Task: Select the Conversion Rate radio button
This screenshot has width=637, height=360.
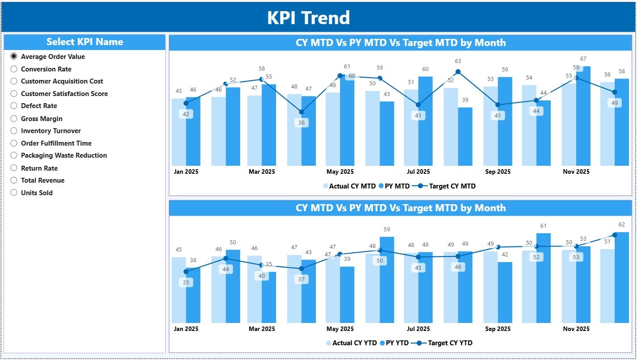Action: (14, 69)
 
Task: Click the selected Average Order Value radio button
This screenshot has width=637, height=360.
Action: (14, 57)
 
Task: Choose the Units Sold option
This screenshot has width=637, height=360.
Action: (14, 193)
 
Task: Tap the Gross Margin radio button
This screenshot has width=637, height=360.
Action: (14, 119)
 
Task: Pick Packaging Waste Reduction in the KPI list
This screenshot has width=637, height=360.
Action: (14, 155)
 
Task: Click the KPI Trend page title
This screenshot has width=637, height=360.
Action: (308, 18)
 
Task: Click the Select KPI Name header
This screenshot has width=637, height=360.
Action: (84, 42)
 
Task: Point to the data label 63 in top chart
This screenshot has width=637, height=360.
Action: (458, 61)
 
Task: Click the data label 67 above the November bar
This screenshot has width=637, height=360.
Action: (583, 59)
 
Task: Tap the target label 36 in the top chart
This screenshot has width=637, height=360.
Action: (302, 123)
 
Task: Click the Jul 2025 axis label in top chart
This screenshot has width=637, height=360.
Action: (418, 172)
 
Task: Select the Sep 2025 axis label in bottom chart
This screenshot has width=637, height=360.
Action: (497, 329)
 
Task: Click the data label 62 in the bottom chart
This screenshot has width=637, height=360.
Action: (622, 225)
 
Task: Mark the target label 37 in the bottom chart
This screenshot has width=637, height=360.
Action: (302, 280)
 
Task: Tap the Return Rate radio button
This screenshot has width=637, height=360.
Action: (14, 168)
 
